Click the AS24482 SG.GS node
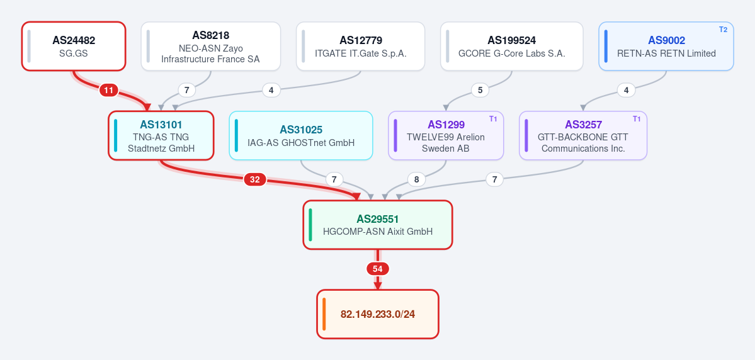pyautogui.click(x=74, y=46)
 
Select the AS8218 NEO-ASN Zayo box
pyautogui.click(x=210, y=46)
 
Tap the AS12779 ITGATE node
pyautogui.click(x=360, y=46)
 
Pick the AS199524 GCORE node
pyautogui.click(x=511, y=46)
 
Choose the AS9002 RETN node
pyautogui.click(x=666, y=46)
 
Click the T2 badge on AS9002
pyautogui.click(x=724, y=30)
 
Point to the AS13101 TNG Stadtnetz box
pyautogui.click(x=161, y=135)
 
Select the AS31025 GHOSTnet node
pyautogui.click(x=301, y=135)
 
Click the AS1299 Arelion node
pyautogui.click(x=446, y=135)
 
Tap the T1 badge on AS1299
pyautogui.click(x=493, y=119)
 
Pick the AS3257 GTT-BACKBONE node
pyautogui.click(x=583, y=135)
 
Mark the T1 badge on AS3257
pyautogui.click(x=637, y=119)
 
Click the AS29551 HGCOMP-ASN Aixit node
pyautogui.click(x=378, y=225)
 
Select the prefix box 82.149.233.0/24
pyautogui.click(x=378, y=314)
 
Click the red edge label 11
pyautogui.click(x=109, y=90)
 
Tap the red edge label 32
pyautogui.click(x=255, y=179)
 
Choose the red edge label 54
pyautogui.click(x=378, y=269)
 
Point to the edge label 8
pyautogui.click(x=416, y=179)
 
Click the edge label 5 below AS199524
pyautogui.click(x=480, y=90)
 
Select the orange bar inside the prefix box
pyautogui.click(x=324, y=314)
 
